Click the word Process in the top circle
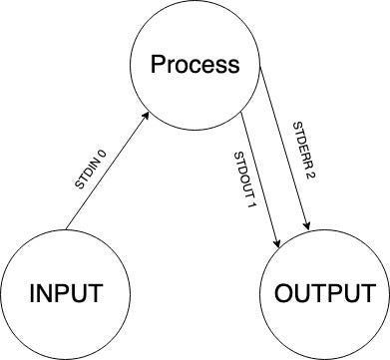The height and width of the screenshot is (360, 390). (195, 66)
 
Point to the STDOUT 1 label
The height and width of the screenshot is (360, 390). (246, 177)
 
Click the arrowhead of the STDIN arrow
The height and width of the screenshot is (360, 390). (148, 116)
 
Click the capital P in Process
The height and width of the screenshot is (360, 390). (158, 66)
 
